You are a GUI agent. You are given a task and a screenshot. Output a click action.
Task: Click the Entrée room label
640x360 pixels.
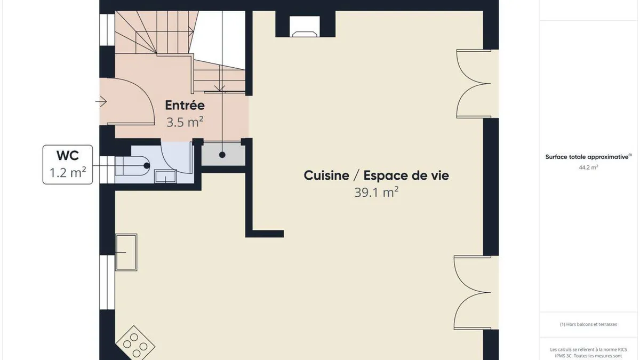pyautogui.click(x=185, y=105)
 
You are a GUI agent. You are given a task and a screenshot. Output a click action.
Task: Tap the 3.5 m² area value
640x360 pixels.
pyautogui.click(x=185, y=122)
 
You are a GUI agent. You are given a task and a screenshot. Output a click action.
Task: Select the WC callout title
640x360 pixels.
pyautogui.click(x=67, y=156)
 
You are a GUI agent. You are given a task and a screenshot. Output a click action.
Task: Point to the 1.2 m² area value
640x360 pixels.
pyautogui.click(x=68, y=173)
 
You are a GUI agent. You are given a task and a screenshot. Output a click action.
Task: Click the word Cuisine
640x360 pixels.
pyautogui.click(x=326, y=175)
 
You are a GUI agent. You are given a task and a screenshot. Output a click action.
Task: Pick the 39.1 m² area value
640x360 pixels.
pyautogui.click(x=377, y=192)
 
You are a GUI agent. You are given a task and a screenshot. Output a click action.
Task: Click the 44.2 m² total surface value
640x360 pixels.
pyautogui.click(x=588, y=167)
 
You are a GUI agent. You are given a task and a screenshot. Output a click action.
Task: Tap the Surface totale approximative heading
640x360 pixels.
pyautogui.click(x=588, y=157)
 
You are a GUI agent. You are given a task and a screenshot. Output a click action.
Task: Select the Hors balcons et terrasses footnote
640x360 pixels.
pyautogui.click(x=588, y=324)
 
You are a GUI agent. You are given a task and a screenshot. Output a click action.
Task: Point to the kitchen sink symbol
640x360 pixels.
pyautogui.click(x=126, y=252)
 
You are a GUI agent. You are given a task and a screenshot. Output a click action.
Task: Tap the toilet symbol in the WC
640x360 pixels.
pyautogui.click(x=133, y=166)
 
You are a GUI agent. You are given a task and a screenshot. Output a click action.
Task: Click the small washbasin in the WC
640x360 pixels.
pyautogui.click(x=165, y=177)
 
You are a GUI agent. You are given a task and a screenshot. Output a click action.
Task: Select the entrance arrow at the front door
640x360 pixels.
pyautogui.click(x=101, y=101)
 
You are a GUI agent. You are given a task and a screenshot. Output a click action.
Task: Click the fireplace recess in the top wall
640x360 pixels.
pyautogui.click(x=305, y=27)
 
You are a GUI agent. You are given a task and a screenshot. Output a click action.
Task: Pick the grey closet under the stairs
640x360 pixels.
pyautogui.click(x=223, y=155)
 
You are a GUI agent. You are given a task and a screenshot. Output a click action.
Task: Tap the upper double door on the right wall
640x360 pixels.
pyautogui.click(x=474, y=84)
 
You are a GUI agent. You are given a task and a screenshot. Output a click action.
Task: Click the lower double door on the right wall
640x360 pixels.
pyautogui.click(x=473, y=293)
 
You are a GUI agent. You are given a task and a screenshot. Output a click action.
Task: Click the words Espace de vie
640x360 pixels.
pyautogui.click(x=406, y=175)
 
